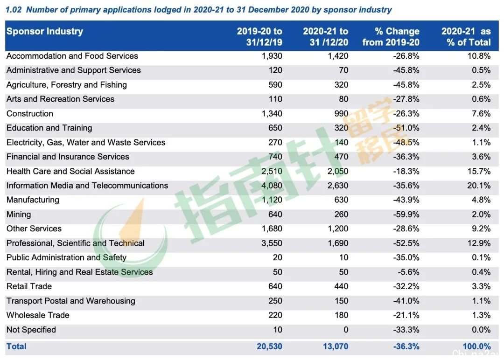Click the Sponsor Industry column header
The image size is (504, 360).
pyautogui.click(x=45, y=31)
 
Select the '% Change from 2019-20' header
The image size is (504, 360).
pyautogui.click(x=391, y=37)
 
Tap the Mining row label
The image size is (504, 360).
pyautogui.click(x=19, y=214)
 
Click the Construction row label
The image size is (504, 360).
pyautogui.click(x=30, y=114)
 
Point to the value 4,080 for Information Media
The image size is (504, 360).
pyautogui.click(x=272, y=186)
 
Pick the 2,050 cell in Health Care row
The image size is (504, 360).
pyautogui.click(x=338, y=171)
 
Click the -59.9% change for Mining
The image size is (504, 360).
pyautogui.click(x=406, y=214)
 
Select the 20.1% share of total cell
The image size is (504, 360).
pyautogui.click(x=479, y=186)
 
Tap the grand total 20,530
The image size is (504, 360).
pyautogui.click(x=269, y=346)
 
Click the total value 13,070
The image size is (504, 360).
pyautogui.click(x=336, y=346)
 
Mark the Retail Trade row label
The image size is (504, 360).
pyautogui.click(x=29, y=286)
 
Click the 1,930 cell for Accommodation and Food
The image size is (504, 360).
pyautogui.click(x=272, y=56)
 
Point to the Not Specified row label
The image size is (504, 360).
pyautogui.click(x=31, y=330)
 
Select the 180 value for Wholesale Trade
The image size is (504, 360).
pyautogui.click(x=341, y=315)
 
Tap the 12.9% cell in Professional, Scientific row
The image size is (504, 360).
pyautogui.click(x=479, y=243)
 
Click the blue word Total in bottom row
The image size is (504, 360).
pyautogui.click(x=16, y=346)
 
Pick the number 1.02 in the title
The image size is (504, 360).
pyautogui.click(x=14, y=10)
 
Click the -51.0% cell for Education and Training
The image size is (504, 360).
pyautogui.click(x=406, y=128)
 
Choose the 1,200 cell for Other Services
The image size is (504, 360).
pyautogui.click(x=338, y=228)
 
